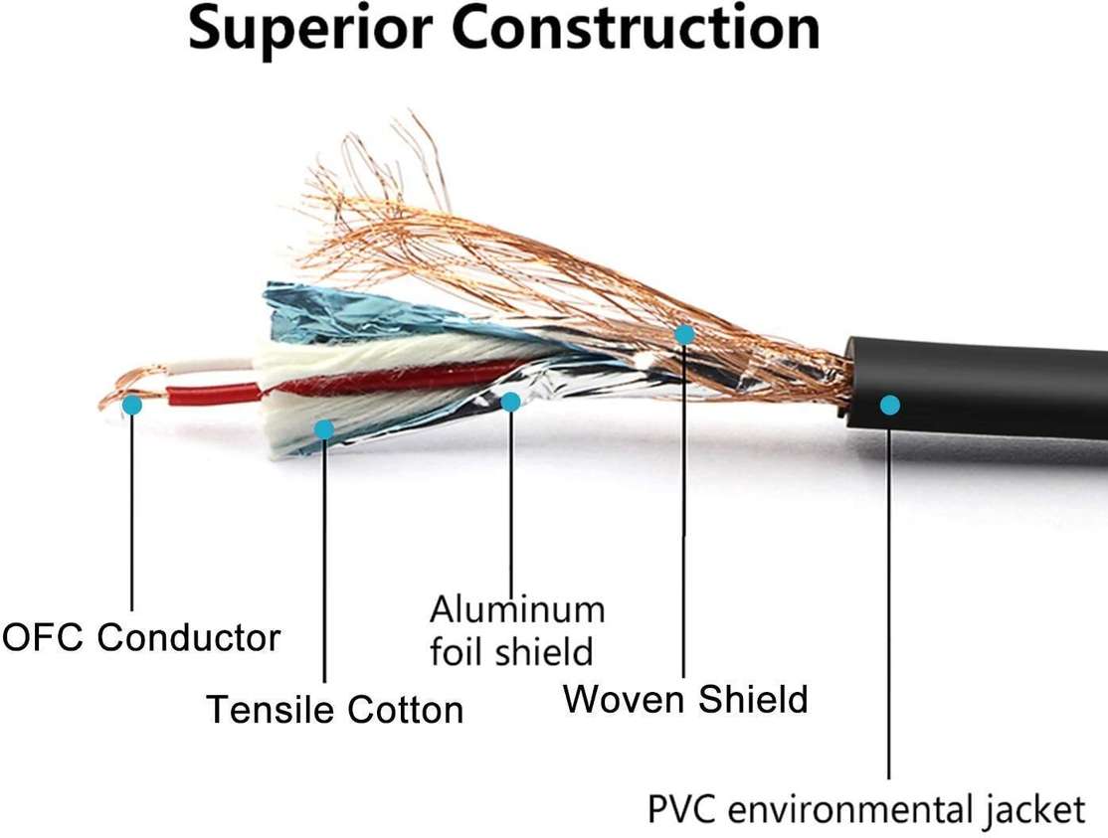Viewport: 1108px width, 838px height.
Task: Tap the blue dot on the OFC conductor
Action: click(x=131, y=405)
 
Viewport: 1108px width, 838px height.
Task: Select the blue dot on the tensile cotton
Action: click(x=323, y=429)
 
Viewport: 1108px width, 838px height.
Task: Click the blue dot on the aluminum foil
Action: click(x=510, y=402)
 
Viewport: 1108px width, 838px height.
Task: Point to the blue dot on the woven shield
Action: click(x=684, y=334)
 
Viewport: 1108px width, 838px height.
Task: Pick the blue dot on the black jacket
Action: click(x=890, y=405)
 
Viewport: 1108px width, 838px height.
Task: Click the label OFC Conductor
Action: click(x=141, y=637)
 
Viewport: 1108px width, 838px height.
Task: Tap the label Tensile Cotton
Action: click(x=334, y=710)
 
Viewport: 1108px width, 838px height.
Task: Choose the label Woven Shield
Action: click(x=685, y=699)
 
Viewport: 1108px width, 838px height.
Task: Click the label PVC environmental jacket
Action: click(x=865, y=808)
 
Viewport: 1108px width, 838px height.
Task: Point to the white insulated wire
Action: click(x=209, y=366)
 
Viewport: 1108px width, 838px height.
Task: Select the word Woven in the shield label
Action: click(x=624, y=699)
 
